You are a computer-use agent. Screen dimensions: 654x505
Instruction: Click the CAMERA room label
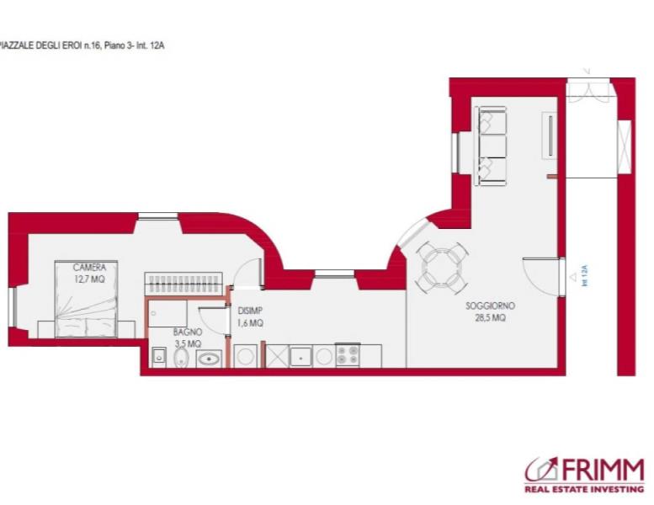[x=89, y=267]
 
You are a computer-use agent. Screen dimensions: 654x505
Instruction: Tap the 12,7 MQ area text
[x=89, y=279]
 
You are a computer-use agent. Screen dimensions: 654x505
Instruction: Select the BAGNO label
[x=188, y=332]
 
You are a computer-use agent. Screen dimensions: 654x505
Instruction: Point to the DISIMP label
[x=250, y=311]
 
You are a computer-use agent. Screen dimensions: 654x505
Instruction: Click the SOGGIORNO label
[x=490, y=306]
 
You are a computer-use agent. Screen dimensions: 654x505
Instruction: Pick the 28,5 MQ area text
[x=490, y=318]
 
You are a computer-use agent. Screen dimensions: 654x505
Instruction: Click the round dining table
[x=442, y=267]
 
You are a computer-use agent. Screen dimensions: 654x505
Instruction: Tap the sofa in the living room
[x=490, y=146]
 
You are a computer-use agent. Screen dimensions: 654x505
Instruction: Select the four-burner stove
[x=348, y=355]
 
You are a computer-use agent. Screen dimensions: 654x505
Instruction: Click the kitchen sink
[x=300, y=357]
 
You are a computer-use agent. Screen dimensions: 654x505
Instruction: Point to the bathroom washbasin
[x=209, y=359]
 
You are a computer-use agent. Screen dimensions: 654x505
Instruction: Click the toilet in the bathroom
[x=181, y=358]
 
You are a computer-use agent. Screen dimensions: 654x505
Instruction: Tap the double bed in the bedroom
[x=86, y=299]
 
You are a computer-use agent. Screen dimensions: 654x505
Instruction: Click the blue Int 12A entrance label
[x=584, y=275]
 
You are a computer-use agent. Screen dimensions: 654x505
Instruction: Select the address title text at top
[x=82, y=45]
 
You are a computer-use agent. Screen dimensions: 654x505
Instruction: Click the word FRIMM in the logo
[x=603, y=470]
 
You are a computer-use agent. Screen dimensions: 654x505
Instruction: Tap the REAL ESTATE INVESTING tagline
[x=584, y=489]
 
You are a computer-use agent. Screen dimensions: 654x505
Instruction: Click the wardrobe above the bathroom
[x=183, y=284]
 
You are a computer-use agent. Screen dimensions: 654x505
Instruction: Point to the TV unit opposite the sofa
[x=550, y=136]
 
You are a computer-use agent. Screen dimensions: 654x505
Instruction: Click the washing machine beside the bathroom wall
[x=244, y=356]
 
